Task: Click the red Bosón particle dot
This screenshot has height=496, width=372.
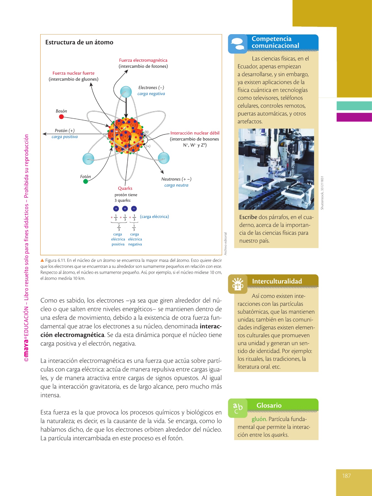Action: [61, 117]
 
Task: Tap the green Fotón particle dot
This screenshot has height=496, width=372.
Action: [86, 181]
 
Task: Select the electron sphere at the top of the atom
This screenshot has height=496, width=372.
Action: [126, 92]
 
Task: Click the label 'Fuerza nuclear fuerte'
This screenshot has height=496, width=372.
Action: [74, 73]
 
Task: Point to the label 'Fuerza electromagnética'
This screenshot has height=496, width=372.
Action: [143, 60]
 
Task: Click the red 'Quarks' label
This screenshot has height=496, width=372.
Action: [125, 188]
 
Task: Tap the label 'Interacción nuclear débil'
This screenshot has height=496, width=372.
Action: [195, 133]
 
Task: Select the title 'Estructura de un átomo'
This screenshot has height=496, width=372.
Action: [79, 42]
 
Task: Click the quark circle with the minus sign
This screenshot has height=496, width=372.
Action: [134, 209]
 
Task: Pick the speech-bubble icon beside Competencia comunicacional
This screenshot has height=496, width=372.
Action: [238, 44]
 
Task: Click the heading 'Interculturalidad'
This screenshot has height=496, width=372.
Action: [277, 281]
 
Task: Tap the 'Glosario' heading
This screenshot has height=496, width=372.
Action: [269, 405]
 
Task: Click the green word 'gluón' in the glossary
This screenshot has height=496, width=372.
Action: [259, 419]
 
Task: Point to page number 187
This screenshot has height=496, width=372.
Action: [346, 476]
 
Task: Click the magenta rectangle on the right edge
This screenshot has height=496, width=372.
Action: [354, 117]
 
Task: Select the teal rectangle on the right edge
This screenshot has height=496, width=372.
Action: [354, 106]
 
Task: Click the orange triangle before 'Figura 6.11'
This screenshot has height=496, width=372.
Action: [42, 260]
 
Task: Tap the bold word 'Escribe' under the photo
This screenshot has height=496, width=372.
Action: [248, 217]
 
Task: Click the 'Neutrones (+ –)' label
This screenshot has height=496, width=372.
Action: [176, 179]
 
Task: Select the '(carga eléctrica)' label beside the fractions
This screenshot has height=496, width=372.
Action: [154, 217]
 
